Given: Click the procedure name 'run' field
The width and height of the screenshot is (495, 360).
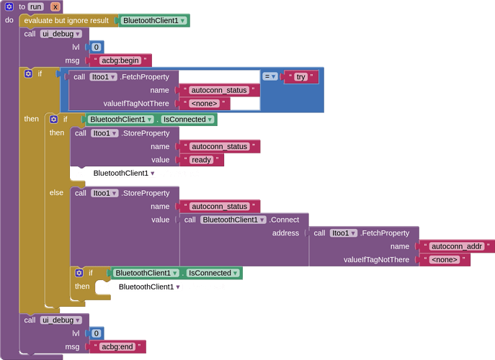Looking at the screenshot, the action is (x=36, y=6).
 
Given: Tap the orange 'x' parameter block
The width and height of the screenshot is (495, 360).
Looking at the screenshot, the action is (x=55, y=6).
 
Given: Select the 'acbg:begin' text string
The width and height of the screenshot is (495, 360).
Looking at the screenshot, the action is (x=120, y=60).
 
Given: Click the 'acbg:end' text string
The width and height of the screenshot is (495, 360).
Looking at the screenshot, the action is (x=117, y=347).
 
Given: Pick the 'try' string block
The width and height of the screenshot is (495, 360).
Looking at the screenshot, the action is (x=301, y=76).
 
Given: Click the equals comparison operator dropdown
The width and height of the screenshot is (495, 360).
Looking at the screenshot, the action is (x=270, y=76).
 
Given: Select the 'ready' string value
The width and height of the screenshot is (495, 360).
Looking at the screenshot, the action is (x=202, y=160).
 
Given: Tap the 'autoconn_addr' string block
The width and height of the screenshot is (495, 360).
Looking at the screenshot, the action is (x=457, y=246).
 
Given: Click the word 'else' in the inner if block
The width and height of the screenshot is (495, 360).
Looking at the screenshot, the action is (x=56, y=192).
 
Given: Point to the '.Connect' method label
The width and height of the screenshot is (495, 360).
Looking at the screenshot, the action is (x=285, y=220).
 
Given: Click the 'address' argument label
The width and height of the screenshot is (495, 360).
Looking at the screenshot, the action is (x=285, y=233).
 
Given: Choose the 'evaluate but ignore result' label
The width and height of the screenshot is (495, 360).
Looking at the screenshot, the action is (x=66, y=20).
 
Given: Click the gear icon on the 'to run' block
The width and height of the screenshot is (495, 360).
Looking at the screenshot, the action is (x=9, y=6).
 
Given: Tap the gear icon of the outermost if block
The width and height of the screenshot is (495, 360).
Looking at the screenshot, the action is (x=28, y=73).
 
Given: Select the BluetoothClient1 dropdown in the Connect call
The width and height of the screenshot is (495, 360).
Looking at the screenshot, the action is (x=233, y=220).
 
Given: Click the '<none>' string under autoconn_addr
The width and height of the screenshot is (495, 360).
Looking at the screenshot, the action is (x=445, y=260).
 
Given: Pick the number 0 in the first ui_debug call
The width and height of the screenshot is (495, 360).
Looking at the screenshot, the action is (x=97, y=47).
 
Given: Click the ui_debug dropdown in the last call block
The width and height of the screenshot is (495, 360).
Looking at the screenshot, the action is (x=61, y=320).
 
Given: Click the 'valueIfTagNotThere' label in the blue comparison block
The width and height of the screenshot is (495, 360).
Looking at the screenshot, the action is (x=136, y=104).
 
